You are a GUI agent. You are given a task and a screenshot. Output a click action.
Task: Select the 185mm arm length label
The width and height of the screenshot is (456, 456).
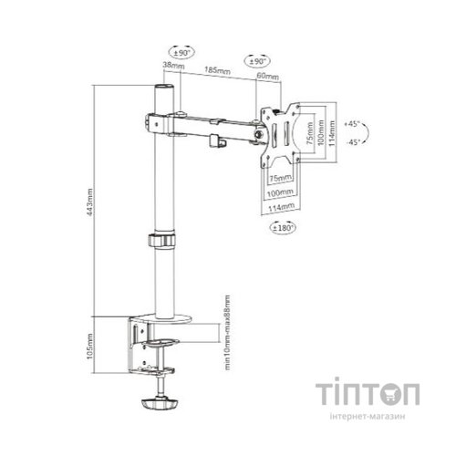216,69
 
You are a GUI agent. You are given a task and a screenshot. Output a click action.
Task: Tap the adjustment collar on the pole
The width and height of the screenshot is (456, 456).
161,244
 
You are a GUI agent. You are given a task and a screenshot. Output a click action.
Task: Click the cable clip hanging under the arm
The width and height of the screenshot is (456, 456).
217,140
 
